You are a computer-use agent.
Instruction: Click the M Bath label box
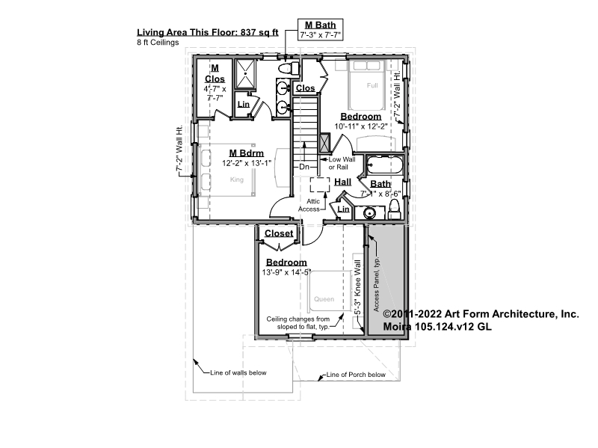coord(320,29)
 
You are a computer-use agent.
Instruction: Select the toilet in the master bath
coord(288,69)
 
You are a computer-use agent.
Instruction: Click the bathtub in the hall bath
coord(384,165)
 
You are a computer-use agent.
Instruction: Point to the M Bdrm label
coord(247,153)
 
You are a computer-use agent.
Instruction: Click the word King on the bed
coord(237,179)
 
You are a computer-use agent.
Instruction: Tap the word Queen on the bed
coord(324,299)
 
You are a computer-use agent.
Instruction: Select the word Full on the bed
coord(372,85)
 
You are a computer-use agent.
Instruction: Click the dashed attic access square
coord(320,185)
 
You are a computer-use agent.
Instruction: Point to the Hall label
coord(343,182)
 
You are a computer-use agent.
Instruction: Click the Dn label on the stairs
coord(304,167)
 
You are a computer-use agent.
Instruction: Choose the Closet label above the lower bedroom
coord(279,233)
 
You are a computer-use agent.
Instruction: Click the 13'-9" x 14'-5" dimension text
coord(286,272)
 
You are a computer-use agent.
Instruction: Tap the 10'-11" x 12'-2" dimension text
coord(361,126)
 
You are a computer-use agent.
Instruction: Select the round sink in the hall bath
coord(369,212)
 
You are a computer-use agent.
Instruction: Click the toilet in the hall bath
coord(395,209)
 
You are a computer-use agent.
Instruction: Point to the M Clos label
coord(215,73)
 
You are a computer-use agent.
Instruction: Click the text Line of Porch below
coord(356,375)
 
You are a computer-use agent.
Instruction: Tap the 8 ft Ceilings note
coord(158,43)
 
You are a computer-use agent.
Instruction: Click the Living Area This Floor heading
coord(208,32)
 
